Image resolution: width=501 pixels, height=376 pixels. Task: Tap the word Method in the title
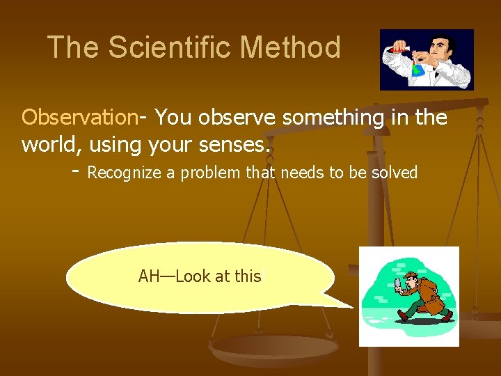click(x=290, y=47)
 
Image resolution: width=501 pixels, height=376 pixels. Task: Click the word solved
click(x=394, y=173)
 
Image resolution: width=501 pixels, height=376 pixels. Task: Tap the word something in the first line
click(x=324, y=117)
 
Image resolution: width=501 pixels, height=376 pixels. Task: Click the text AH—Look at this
click(x=200, y=276)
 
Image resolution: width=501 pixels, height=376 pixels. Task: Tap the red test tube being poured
click(x=397, y=49)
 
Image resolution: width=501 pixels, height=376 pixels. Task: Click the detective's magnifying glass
click(x=399, y=282)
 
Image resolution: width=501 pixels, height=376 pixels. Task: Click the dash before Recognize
click(x=75, y=171)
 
